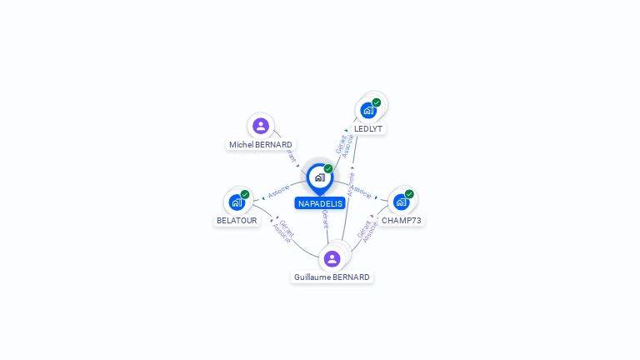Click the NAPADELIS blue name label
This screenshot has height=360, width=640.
click(320, 203)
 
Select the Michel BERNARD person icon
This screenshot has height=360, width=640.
click(261, 126)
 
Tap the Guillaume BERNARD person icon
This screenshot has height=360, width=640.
click(332, 258)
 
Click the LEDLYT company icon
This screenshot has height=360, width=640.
click(367, 110)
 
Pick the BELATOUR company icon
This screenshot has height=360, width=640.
click(237, 202)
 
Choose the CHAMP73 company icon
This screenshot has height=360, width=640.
click(402, 202)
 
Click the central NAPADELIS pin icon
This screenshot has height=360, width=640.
click(319, 177)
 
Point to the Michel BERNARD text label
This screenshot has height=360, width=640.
click(261, 144)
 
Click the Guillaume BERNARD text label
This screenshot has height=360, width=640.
click(332, 277)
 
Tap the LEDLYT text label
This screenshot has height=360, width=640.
click(368, 128)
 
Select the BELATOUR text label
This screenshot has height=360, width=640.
click(237, 221)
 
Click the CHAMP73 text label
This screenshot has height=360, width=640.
click(402, 221)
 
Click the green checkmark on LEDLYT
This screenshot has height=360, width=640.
click(377, 102)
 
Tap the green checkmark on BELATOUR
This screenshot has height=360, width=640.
click(245, 194)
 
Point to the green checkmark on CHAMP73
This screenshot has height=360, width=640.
click(409, 194)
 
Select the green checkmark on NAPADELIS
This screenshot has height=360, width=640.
click(328, 169)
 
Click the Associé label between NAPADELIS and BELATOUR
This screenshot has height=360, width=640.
click(278, 191)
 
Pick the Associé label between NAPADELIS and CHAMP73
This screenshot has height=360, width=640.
click(362, 192)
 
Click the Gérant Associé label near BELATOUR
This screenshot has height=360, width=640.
click(283, 231)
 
